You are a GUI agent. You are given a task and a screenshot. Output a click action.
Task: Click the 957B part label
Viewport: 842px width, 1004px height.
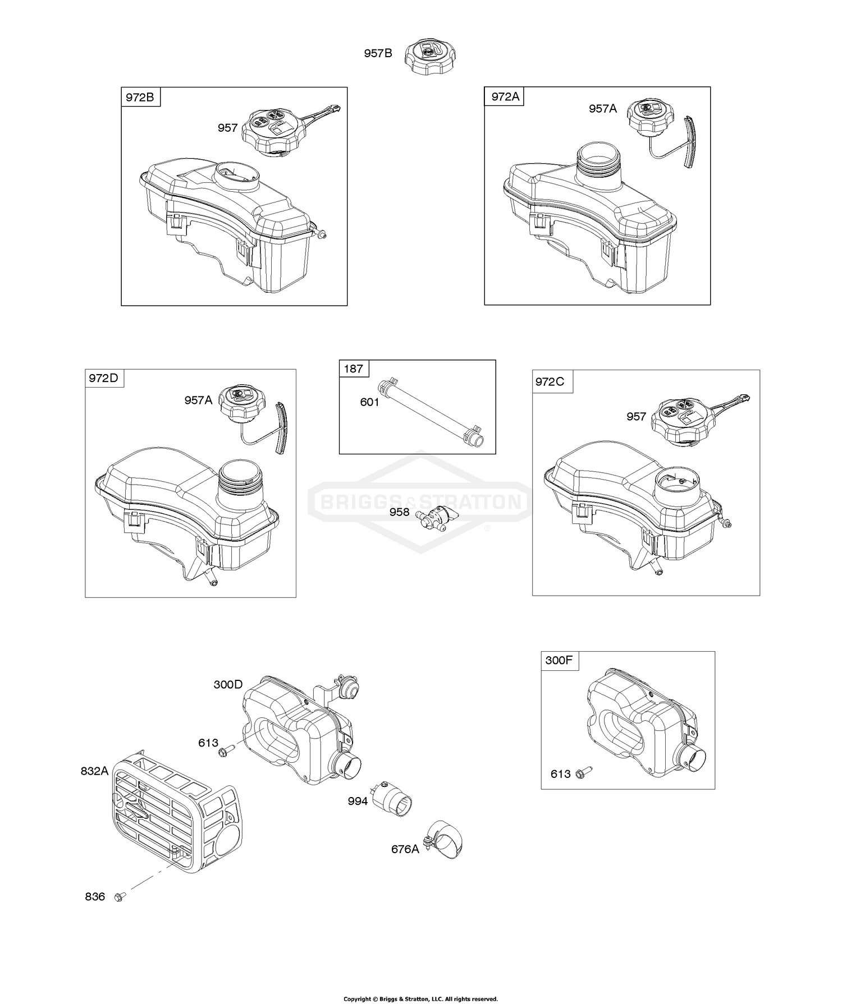[x=378, y=54]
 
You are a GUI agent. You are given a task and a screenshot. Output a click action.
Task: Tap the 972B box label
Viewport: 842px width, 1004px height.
[x=140, y=97]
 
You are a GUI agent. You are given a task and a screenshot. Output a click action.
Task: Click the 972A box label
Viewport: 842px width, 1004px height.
[x=505, y=96]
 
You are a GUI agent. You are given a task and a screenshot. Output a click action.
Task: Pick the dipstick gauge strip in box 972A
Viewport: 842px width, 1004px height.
[x=690, y=141]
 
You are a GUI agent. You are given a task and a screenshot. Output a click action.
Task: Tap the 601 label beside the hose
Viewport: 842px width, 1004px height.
[x=369, y=402]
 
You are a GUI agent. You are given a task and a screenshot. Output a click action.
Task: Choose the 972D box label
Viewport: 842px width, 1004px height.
[x=104, y=378]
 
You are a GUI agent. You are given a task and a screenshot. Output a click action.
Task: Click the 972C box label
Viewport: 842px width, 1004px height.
[x=550, y=381]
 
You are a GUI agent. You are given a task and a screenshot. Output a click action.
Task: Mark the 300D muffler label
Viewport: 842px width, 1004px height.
[x=228, y=684]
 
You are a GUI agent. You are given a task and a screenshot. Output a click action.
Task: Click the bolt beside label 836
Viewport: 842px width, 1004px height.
[x=118, y=897]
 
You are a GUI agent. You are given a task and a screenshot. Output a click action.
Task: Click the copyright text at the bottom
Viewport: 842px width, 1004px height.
[x=420, y=998]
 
